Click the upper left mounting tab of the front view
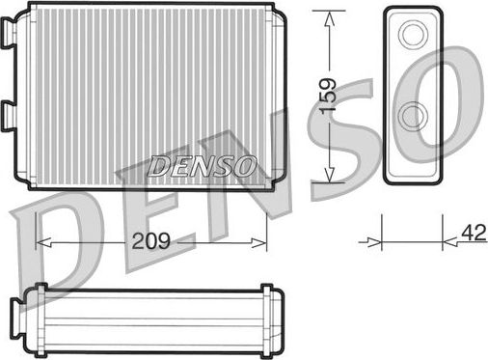pyautogui.click(x=9, y=36)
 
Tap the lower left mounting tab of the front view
pyautogui.click(x=9, y=115)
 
